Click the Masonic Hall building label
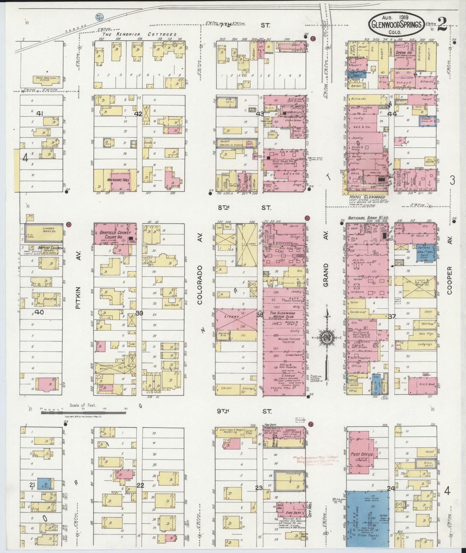pos(119,179)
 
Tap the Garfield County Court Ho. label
pos(111,235)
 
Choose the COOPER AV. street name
pos(450,280)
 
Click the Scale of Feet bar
pos(83,412)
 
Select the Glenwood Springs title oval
pos(397,25)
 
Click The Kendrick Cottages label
pos(139,35)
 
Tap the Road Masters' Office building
pos(46,79)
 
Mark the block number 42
pos(138,114)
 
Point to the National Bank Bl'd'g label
pos(368,218)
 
